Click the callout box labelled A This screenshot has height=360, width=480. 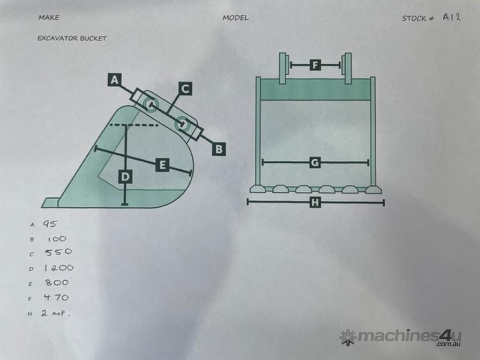pyautogui.click(x=114, y=80)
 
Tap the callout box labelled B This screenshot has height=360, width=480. pyautogui.click(x=219, y=149)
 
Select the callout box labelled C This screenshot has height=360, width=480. pyautogui.click(x=185, y=89)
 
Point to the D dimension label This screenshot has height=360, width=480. pyautogui.click(x=125, y=177)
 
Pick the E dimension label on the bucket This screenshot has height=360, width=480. pyautogui.click(x=162, y=165)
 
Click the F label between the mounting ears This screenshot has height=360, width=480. pyautogui.click(x=315, y=65)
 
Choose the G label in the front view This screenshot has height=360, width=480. pyautogui.click(x=315, y=163)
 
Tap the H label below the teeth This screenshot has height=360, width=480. pyautogui.click(x=315, y=202)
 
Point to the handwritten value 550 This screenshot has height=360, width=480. pyautogui.click(x=59, y=252)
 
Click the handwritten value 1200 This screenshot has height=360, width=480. pyautogui.click(x=59, y=268)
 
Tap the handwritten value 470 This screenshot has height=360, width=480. pyautogui.click(x=56, y=297)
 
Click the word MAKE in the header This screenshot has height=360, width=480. pyautogui.click(x=49, y=17)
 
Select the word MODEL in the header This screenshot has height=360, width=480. pyautogui.click(x=235, y=18)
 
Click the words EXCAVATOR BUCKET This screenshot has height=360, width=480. pyautogui.click(x=72, y=38)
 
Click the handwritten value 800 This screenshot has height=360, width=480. pyautogui.click(x=57, y=282)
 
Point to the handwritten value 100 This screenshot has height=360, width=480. pyautogui.click(x=57, y=239)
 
